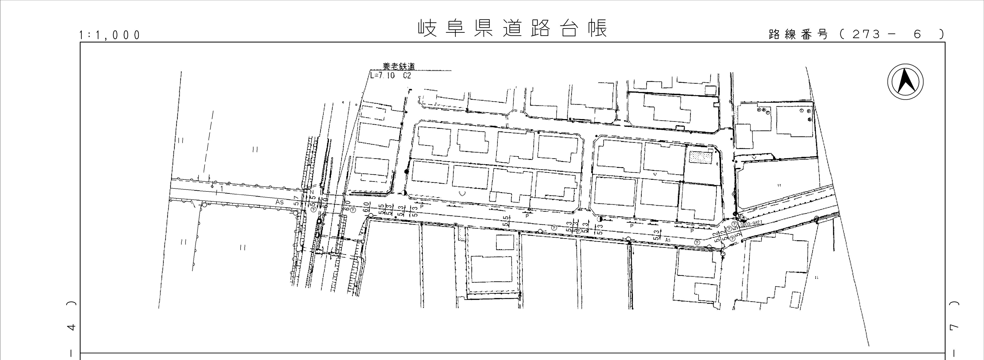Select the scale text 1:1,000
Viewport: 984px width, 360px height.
(110, 35)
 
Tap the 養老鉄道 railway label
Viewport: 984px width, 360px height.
(399, 66)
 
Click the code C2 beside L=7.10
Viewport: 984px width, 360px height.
(407, 76)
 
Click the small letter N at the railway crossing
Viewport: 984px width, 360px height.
(312, 192)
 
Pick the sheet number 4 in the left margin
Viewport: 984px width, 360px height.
(71, 327)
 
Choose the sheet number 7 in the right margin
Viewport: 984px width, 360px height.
(962, 327)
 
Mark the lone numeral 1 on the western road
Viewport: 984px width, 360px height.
(222, 188)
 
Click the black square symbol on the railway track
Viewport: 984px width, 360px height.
(319, 221)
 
